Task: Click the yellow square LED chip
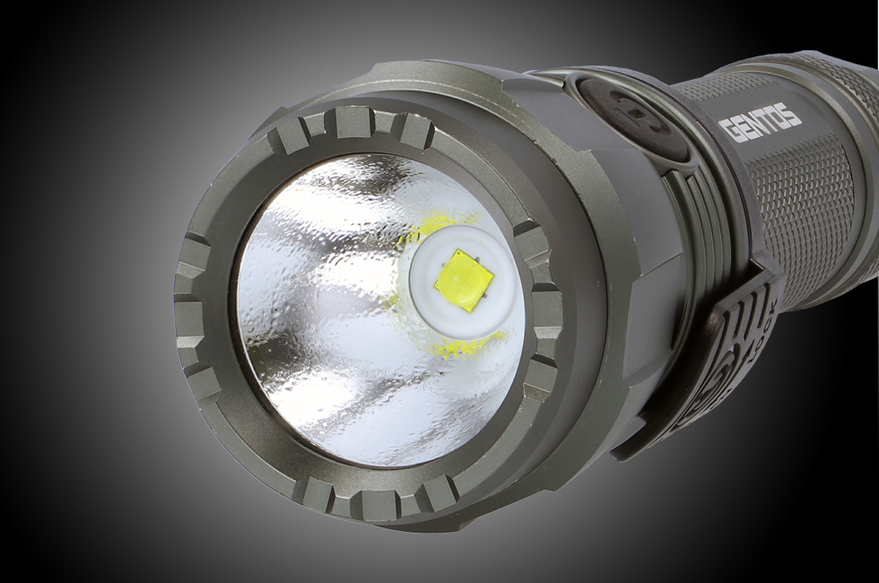tap(463, 281)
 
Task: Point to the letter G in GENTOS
tap(729, 131)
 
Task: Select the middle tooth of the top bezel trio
tap(352, 121)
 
